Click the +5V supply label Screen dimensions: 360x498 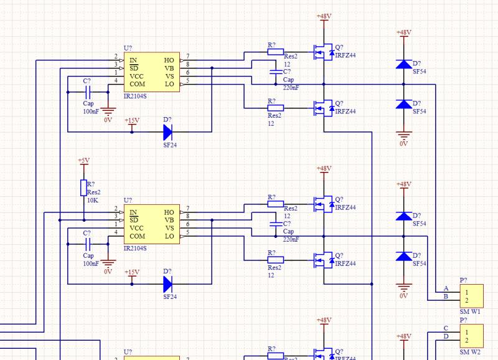pyautogui.click(x=83, y=161)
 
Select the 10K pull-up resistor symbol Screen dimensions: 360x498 pyautogui.click(x=83, y=188)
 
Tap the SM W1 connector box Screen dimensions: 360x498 pyautogui.click(x=471, y=295)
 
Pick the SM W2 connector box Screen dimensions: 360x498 pyautogui.click(x=471, y=335)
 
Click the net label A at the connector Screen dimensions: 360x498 pyautogui.click(x=446, y=288)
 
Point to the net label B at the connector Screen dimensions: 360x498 pyautogui.click(x=446, y=296)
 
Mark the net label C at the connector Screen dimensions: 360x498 pyautogui.click(x=446, y=328)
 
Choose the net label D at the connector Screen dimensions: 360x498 pyautogui.click(x=446, y=337)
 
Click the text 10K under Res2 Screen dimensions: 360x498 pyautogui.click(x=93, y=201)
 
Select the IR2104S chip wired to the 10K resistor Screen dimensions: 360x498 pyautogui.click(x=153, y=224)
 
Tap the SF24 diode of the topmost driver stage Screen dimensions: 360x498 pyautogui.click(x=167, y=132)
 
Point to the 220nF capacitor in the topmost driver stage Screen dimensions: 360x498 pyautogui.click(x=275, y=73)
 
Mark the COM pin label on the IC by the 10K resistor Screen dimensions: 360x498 pyautogui.click(x=137, y=236)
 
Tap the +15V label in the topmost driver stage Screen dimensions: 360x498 pyautogui.click(x=132, y=120)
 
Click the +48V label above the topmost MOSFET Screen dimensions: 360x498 pyautogui.click(x=324, y=16)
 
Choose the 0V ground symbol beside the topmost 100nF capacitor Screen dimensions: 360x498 pyautogui.click(x=108, y=113)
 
